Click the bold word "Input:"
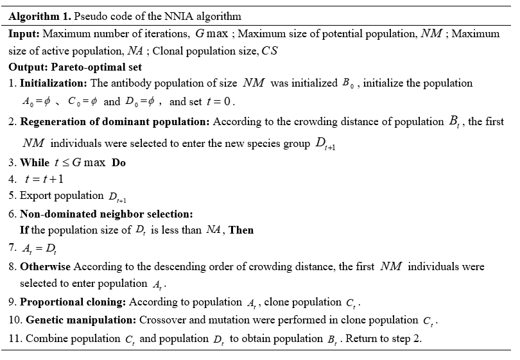pyautogui.click(x=24, y=33)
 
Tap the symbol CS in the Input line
pyautogui.click(x=269, y=50)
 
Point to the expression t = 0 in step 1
pyautogui.click(x=221, y=101)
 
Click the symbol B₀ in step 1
pyautogui.click(x=348, y=83)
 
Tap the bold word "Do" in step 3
pyautogui.click(x=119, y=163)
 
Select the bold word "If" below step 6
pyautogui.click(x=24, y=230)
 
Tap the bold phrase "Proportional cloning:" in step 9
pyautogui.click(x=73, y=302)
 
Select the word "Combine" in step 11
pyautogui.click(x=46, y=339)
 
